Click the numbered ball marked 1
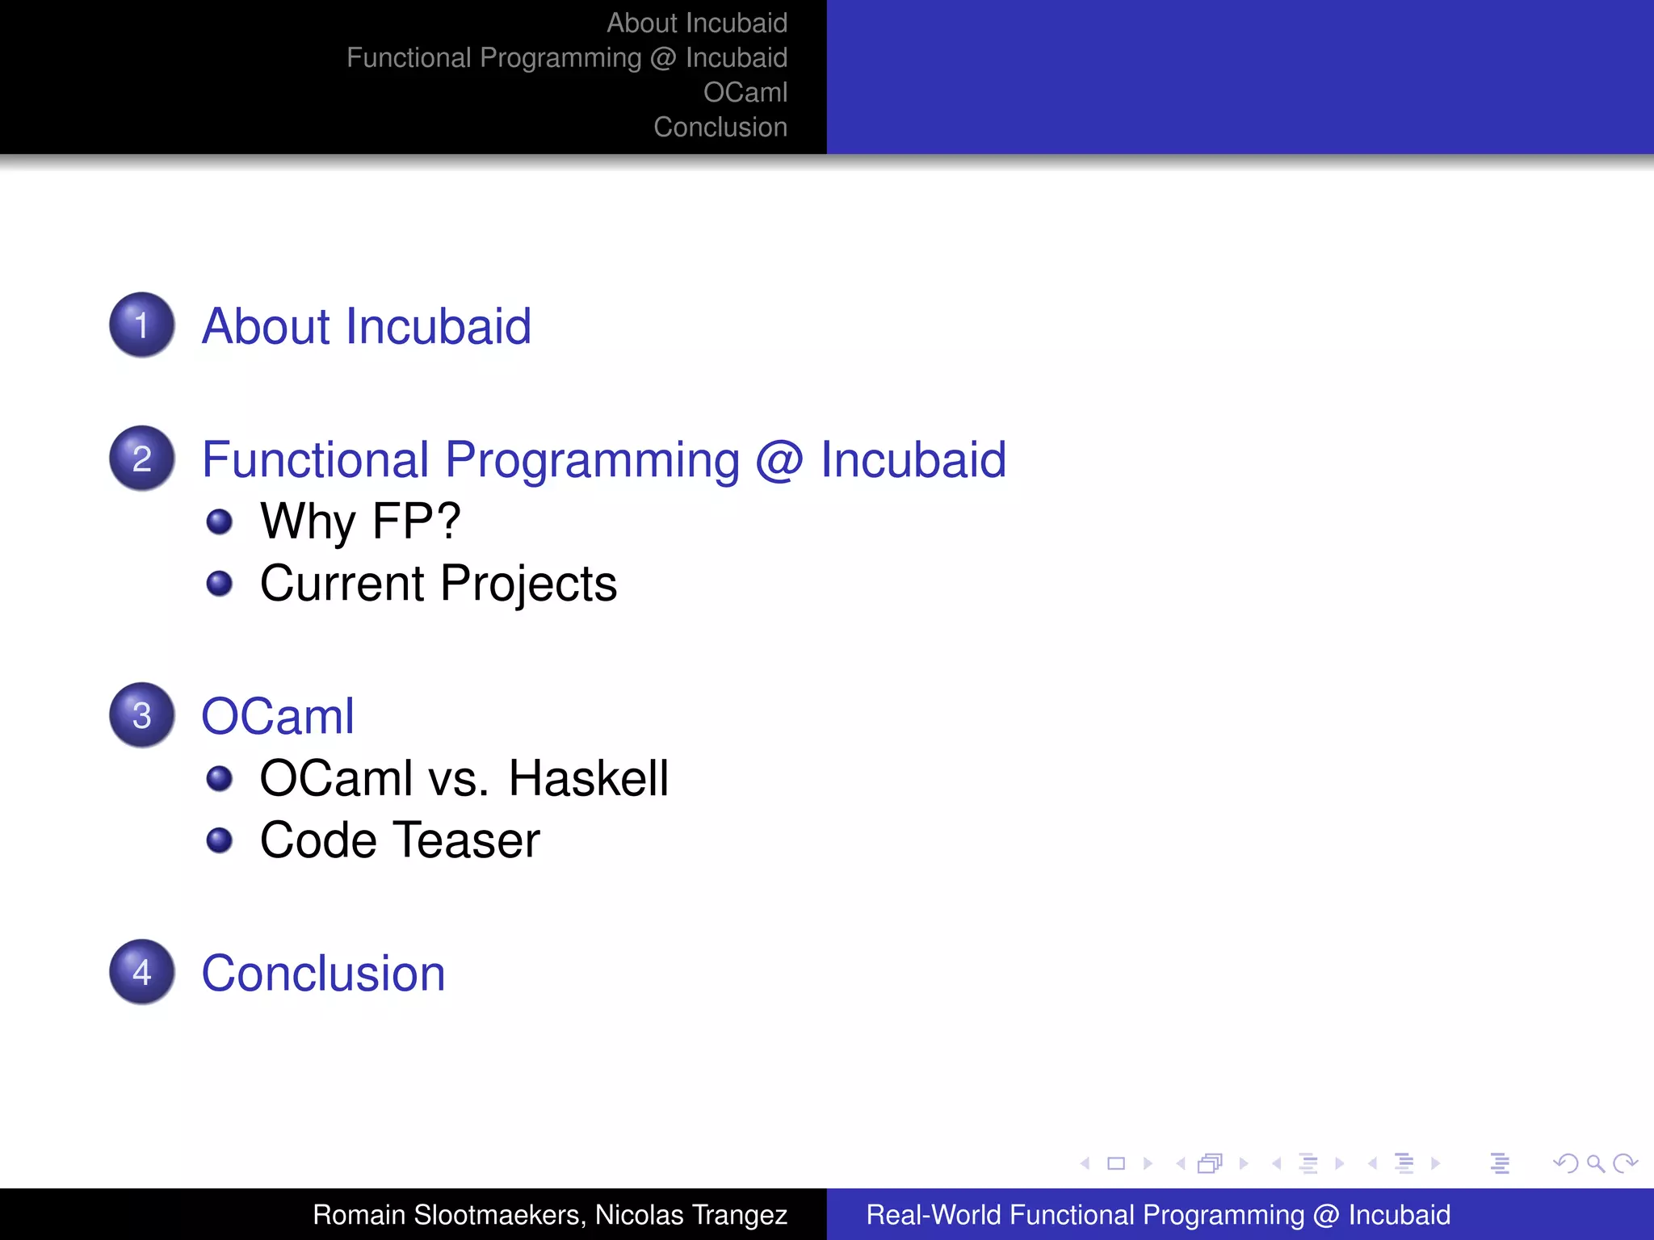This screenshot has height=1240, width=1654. coord(142,325)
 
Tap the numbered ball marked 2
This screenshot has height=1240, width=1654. coord(142,459)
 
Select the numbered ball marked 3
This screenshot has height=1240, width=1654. coord(142,715)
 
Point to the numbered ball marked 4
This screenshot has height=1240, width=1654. coord(142,972)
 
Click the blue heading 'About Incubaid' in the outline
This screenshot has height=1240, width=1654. coord(366,326)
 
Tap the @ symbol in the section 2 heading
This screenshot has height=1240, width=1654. coord(779,460)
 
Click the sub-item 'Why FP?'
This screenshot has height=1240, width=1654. coord(360,522)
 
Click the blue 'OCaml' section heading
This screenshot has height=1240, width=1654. coord(278,716)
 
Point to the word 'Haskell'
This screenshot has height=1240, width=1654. coord(588,779)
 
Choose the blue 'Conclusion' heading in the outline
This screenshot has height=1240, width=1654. coord(323,974)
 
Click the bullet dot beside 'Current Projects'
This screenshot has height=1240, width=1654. coord(220,583)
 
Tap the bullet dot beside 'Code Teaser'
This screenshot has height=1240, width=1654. coord(220,840)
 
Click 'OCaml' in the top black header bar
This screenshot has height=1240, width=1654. coord(745,93)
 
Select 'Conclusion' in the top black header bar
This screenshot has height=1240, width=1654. coord(720,128)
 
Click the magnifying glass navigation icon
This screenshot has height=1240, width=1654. coord(1595,1163)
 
